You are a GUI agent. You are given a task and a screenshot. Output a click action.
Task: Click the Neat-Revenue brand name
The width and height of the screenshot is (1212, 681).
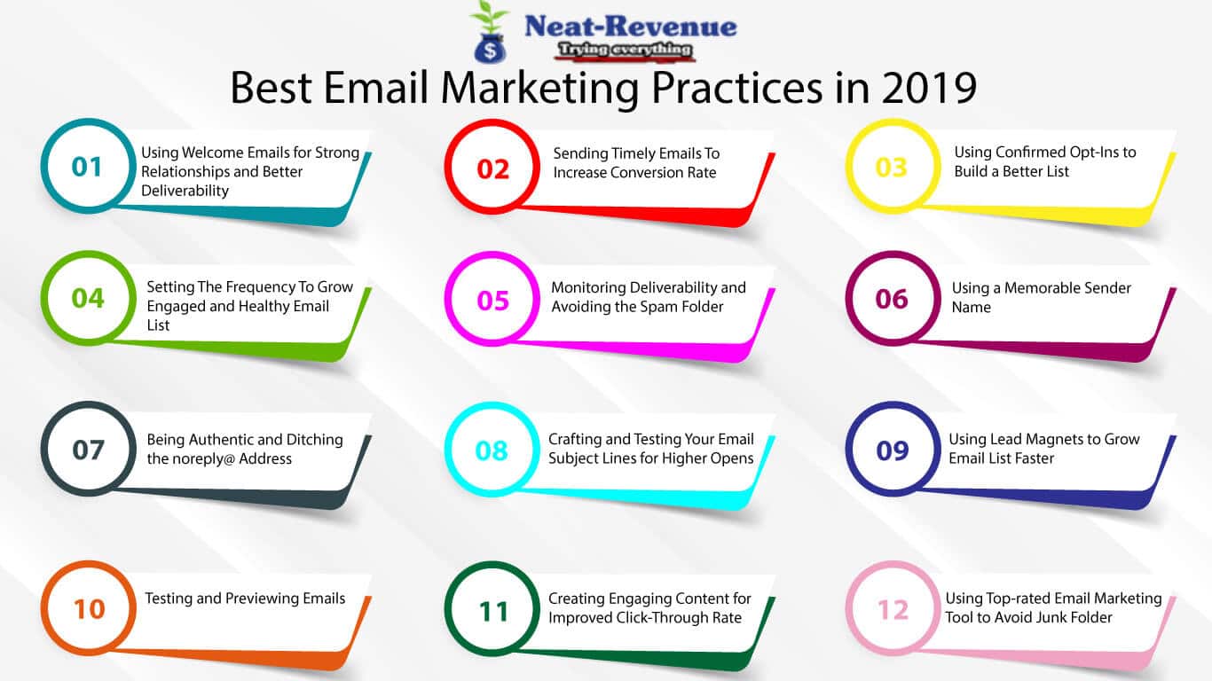[x=630, y=26]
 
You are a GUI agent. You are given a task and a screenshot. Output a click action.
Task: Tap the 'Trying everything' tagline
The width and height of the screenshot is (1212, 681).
[x=623, y=51]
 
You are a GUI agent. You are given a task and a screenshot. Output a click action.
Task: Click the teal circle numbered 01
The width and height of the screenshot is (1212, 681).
[x=87, y=167]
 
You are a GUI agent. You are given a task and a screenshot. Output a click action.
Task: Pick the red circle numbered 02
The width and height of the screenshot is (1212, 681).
[x=492, y=168]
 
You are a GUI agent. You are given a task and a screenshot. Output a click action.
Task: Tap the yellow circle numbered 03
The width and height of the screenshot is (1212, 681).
[x=892, y=167]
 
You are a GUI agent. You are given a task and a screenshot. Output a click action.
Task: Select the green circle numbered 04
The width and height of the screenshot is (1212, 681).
[x=88, y=298]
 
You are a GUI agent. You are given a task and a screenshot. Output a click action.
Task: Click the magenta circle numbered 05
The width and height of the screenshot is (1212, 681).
[x=492, y=301]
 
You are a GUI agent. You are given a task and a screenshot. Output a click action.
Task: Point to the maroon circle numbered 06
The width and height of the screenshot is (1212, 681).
[x=892, y=299]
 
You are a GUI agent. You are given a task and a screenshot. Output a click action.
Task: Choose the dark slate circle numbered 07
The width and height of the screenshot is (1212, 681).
[x=88, y=450]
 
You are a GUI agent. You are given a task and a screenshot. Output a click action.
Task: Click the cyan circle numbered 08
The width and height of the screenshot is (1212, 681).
[x=492, y=450]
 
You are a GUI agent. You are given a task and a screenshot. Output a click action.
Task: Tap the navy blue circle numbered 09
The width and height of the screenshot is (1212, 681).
[x=892, y=450]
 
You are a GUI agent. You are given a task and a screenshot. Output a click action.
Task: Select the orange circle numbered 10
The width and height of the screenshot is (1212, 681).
[x=89, y=608]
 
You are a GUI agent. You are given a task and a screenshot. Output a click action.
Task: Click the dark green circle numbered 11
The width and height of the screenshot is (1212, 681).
[x=492, y=610]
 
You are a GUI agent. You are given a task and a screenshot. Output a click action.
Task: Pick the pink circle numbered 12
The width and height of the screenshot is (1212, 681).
[x=892, y=610]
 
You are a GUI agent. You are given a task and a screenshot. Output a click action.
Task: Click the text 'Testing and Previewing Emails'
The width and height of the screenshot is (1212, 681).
[x=245, y=599]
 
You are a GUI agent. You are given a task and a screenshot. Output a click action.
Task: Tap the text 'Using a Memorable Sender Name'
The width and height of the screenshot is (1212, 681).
[x=1041, y=297]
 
